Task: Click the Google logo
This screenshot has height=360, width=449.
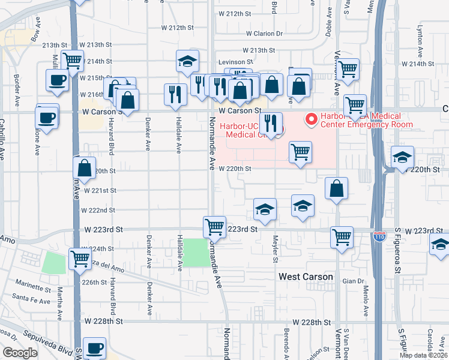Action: coord(20,353)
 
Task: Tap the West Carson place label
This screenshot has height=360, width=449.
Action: coord(306,277)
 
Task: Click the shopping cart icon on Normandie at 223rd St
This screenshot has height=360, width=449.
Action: coord(214,227)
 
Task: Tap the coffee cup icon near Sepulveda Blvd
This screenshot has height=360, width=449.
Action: coord(94,347)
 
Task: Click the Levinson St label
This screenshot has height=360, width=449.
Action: coord(235,62)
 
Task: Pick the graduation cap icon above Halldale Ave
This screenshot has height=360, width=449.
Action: coord(187,61)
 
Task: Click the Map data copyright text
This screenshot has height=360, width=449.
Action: coord(424,355)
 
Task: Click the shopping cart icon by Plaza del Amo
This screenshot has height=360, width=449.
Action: coord(80,259)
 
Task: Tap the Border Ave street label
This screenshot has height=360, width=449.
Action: coord(16,81)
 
